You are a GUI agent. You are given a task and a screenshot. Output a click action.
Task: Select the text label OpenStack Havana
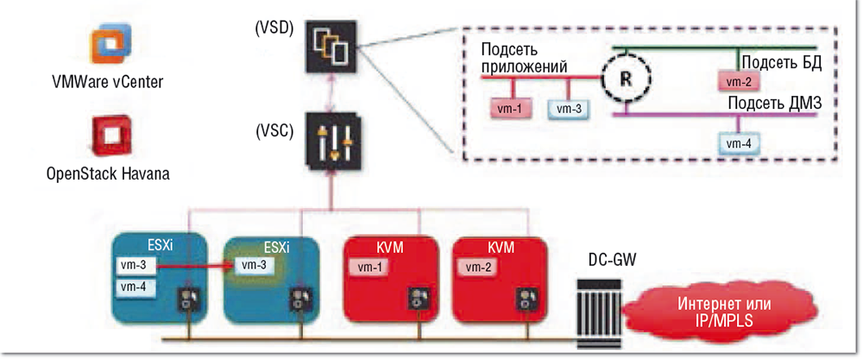pos(107,174)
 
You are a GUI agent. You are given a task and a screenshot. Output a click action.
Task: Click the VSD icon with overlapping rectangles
pos(332,48)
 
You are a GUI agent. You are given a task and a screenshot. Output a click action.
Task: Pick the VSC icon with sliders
pos(332,142)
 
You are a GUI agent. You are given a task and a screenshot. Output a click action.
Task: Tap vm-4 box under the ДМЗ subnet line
pos(738,142)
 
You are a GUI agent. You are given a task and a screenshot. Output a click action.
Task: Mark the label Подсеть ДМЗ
pos(774,104)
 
